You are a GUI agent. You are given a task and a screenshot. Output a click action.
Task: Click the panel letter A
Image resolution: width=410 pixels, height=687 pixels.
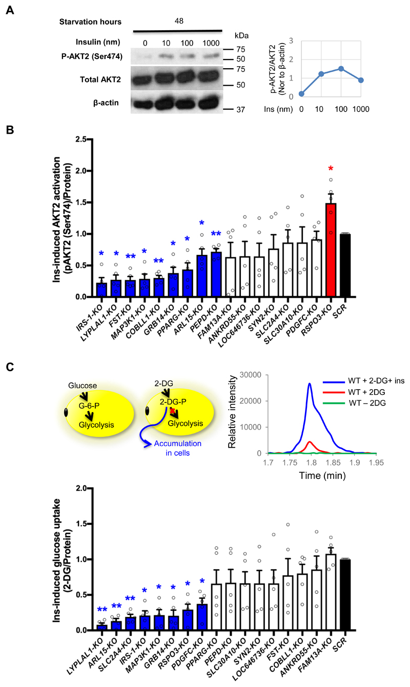9,9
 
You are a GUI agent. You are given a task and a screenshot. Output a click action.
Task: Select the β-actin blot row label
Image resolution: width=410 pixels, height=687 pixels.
106,103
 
